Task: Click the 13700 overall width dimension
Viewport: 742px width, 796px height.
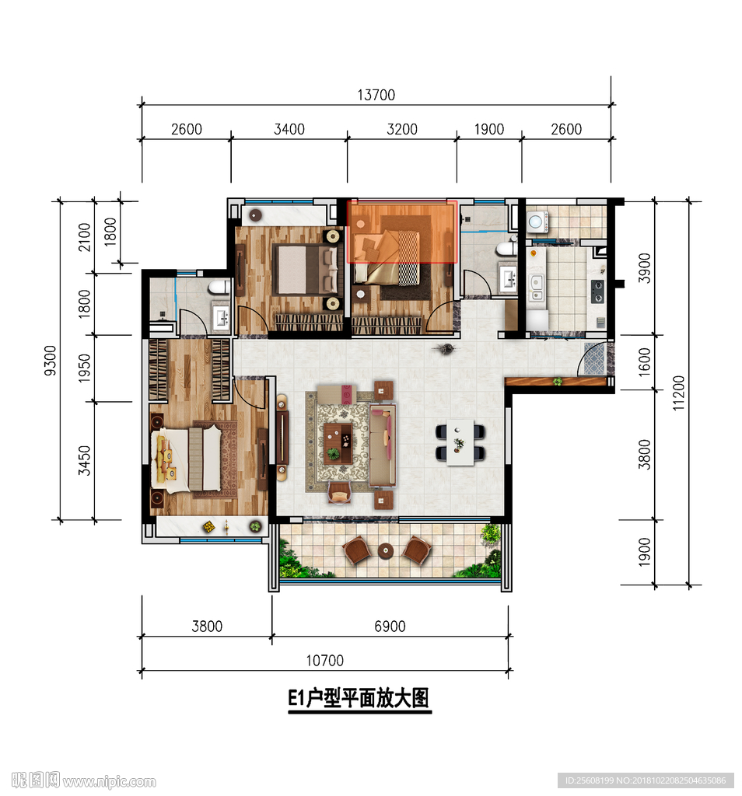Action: click(376, 95)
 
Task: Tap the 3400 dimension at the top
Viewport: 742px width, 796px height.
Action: click(289, 130)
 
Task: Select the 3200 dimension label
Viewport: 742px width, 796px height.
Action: click(402, 130)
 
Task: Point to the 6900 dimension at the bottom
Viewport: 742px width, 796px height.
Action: click(390, 627)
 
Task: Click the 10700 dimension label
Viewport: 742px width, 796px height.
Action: click(324, 661)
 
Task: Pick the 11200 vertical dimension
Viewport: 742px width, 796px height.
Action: click(678, 393)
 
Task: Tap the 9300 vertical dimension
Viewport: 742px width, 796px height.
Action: click(51, 361)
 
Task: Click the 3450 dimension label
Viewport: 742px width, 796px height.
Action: click(84, 460)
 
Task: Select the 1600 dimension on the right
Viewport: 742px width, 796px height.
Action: click(644, 362)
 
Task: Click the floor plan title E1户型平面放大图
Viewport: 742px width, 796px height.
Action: click(359, 698)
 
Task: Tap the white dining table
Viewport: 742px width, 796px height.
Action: click(460, 442)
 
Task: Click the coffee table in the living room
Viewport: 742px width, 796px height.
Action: click(338, 443)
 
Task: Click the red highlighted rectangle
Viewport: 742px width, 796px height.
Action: click(402, 232)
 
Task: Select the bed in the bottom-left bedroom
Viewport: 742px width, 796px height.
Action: click(187, 459)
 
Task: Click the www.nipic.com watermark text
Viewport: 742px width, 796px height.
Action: click(109, 782)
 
